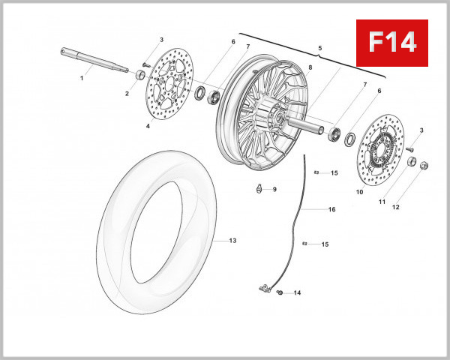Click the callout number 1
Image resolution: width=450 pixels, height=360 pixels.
click(82, 77)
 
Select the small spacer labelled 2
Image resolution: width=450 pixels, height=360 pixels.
click(140, 75)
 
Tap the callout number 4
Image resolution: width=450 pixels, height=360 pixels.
click(148, 126)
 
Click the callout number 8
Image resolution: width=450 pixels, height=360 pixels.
click(309, 67)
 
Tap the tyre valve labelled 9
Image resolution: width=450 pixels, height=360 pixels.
click(259, 188)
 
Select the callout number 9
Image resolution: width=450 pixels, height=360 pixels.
click(274, 189)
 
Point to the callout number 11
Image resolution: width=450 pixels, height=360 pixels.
click(382, 202)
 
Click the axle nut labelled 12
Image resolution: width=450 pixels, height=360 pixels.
click(423, 164)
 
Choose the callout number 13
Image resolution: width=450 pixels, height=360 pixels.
click(232, 241)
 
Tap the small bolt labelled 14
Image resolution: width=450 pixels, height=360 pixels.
click(279, 292)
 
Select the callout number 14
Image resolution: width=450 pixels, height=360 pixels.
click(297, 292)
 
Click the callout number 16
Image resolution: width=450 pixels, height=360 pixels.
click(331, 210)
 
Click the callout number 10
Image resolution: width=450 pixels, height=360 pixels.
click(359, 193)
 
